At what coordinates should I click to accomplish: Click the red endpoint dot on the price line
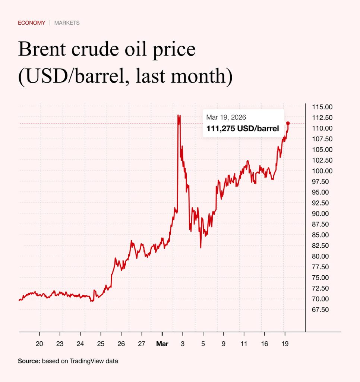pyautogui.click(x=288, y=123)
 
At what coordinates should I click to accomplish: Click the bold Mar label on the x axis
pyautogui.click(x=162, y=343)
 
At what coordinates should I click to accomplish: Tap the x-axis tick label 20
pyautogui.click(x=40, y=343)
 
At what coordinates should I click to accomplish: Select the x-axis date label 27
pyautogui.click(x=141, y=343)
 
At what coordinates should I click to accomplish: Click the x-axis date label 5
pyautogui.click(x=203, y=343)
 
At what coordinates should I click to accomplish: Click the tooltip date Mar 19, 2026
pyautogui.click(x=226, y=118)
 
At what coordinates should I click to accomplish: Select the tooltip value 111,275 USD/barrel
pyautogui.click(x=243, y=129)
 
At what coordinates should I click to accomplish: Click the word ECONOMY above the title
pyautogui.click(x=32, y=23)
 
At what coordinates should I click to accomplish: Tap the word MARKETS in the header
pyautogui.click(x=67, y=23)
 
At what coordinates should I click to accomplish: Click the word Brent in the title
pyautogui.click(x=41, y=50)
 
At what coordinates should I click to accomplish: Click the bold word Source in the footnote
pyautogui.click(x=29, y=361)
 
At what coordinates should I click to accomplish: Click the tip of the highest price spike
pyautogui.click(x=179, y=115)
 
